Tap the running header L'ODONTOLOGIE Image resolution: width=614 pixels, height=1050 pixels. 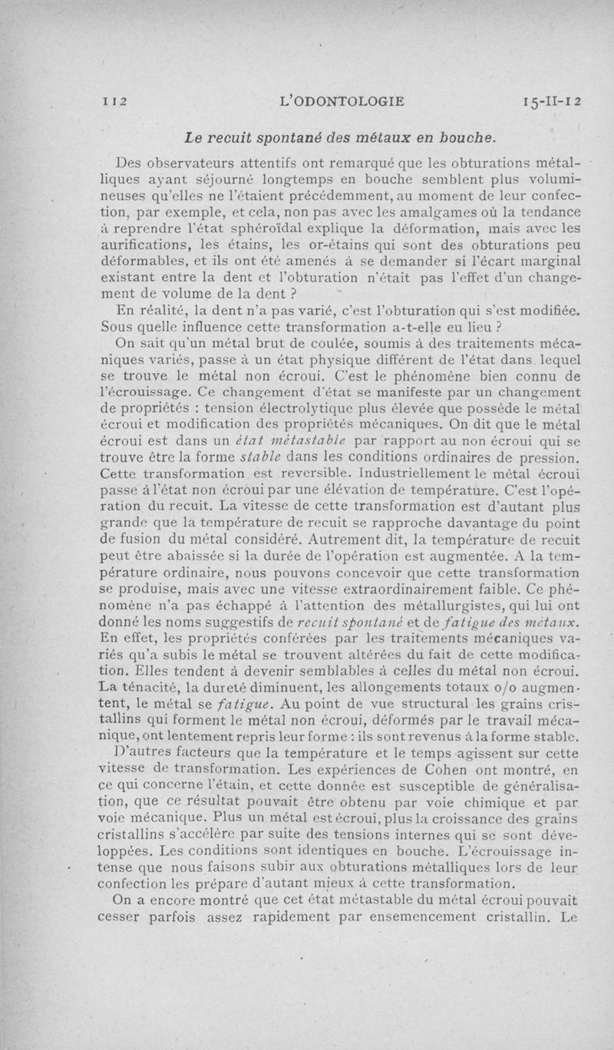pyautogui.click(x=343, y=101)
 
